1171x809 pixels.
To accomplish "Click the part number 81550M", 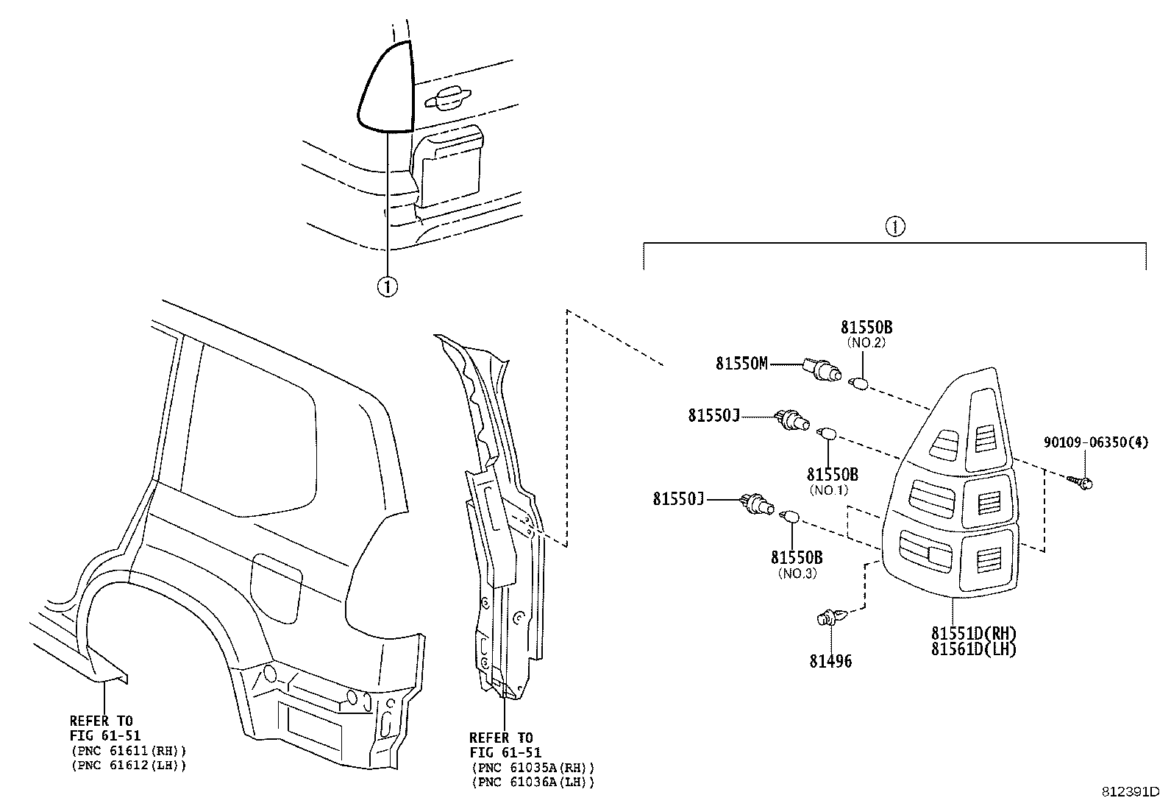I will point(741,363).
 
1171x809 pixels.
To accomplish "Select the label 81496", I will point(830,661).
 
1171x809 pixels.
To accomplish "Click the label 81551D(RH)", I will point(973,634).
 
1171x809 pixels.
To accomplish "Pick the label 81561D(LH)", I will point(973,649).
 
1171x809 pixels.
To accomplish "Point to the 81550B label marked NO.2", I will point(866,328).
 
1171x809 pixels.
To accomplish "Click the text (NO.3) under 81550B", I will point(797,573).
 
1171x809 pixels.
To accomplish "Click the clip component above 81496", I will point(830,617).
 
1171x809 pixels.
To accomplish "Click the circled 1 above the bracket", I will point(894,227).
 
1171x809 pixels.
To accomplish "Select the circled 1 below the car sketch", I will point(387,285).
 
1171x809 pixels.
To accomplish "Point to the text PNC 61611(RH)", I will point(129,751).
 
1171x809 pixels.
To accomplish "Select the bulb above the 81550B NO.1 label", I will point(827,434).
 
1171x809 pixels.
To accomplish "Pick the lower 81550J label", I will point(678,499).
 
